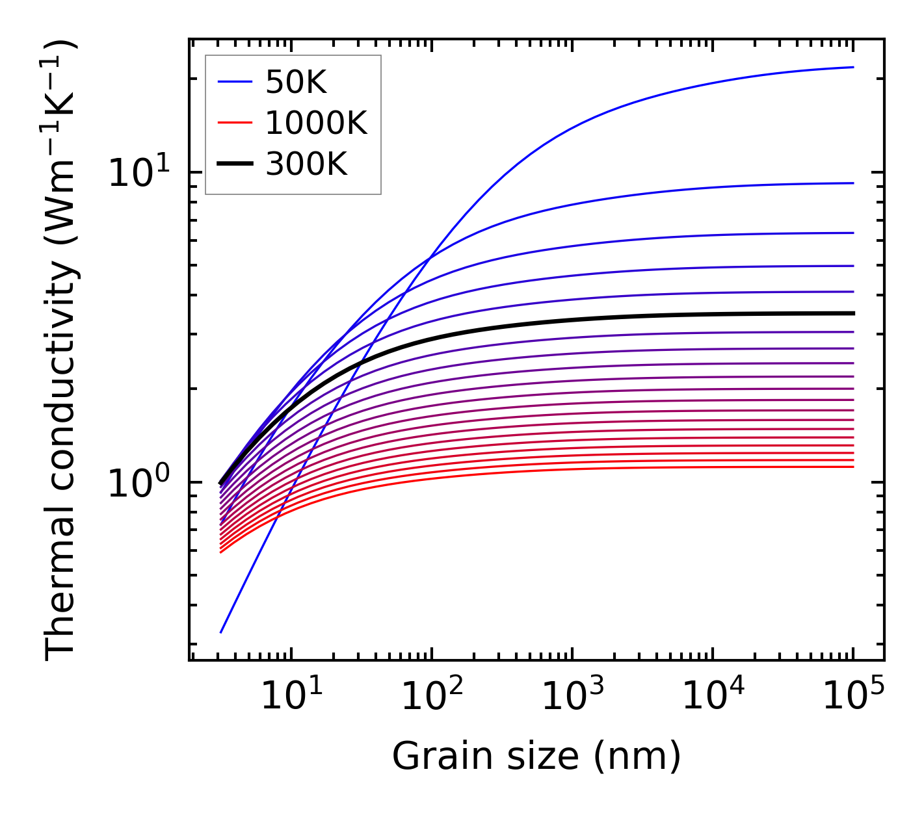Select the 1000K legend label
tap(316, 123)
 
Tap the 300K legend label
tap(306, 164)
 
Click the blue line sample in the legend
tap(234, 83)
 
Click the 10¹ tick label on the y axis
tap(139, 173)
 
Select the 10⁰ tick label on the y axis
tap(139, 483)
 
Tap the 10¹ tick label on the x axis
tap(291, 696)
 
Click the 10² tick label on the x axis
tap(432, 696)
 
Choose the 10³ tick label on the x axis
tap(572, 696)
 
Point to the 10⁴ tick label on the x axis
tap(713, 696)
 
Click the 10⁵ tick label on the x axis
tap(853, 696)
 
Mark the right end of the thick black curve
tap(852, 313)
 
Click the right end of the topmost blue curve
tap(852, 67)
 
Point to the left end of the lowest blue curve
tap(221, 632)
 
